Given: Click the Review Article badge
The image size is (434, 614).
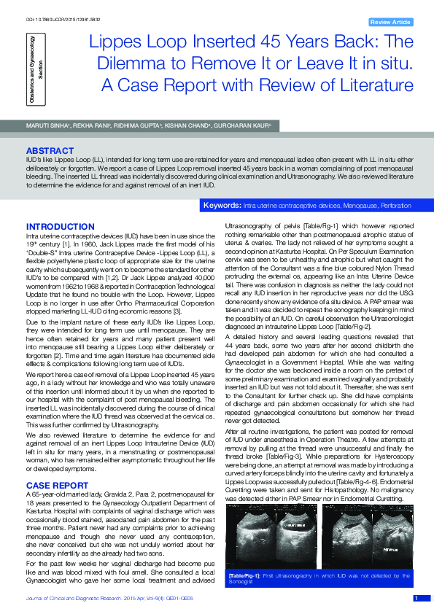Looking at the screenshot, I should tap(391, 23).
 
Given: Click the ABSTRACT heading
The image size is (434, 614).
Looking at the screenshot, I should tap(50, 150).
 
